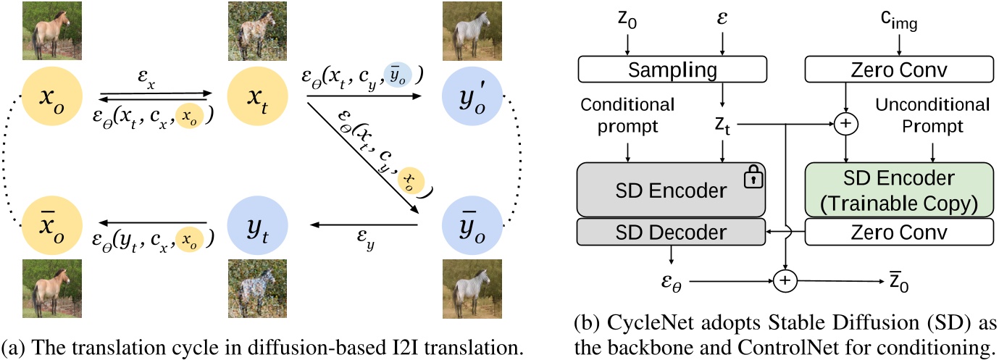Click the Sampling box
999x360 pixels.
tap(672, 70)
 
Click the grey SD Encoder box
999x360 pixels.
tap(672, 191)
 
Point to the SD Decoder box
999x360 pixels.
tap(672, 231)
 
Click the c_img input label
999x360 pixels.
tap(898, 23)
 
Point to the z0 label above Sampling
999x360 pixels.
tap(627, 23)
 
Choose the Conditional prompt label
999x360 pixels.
tap(627, 115)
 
